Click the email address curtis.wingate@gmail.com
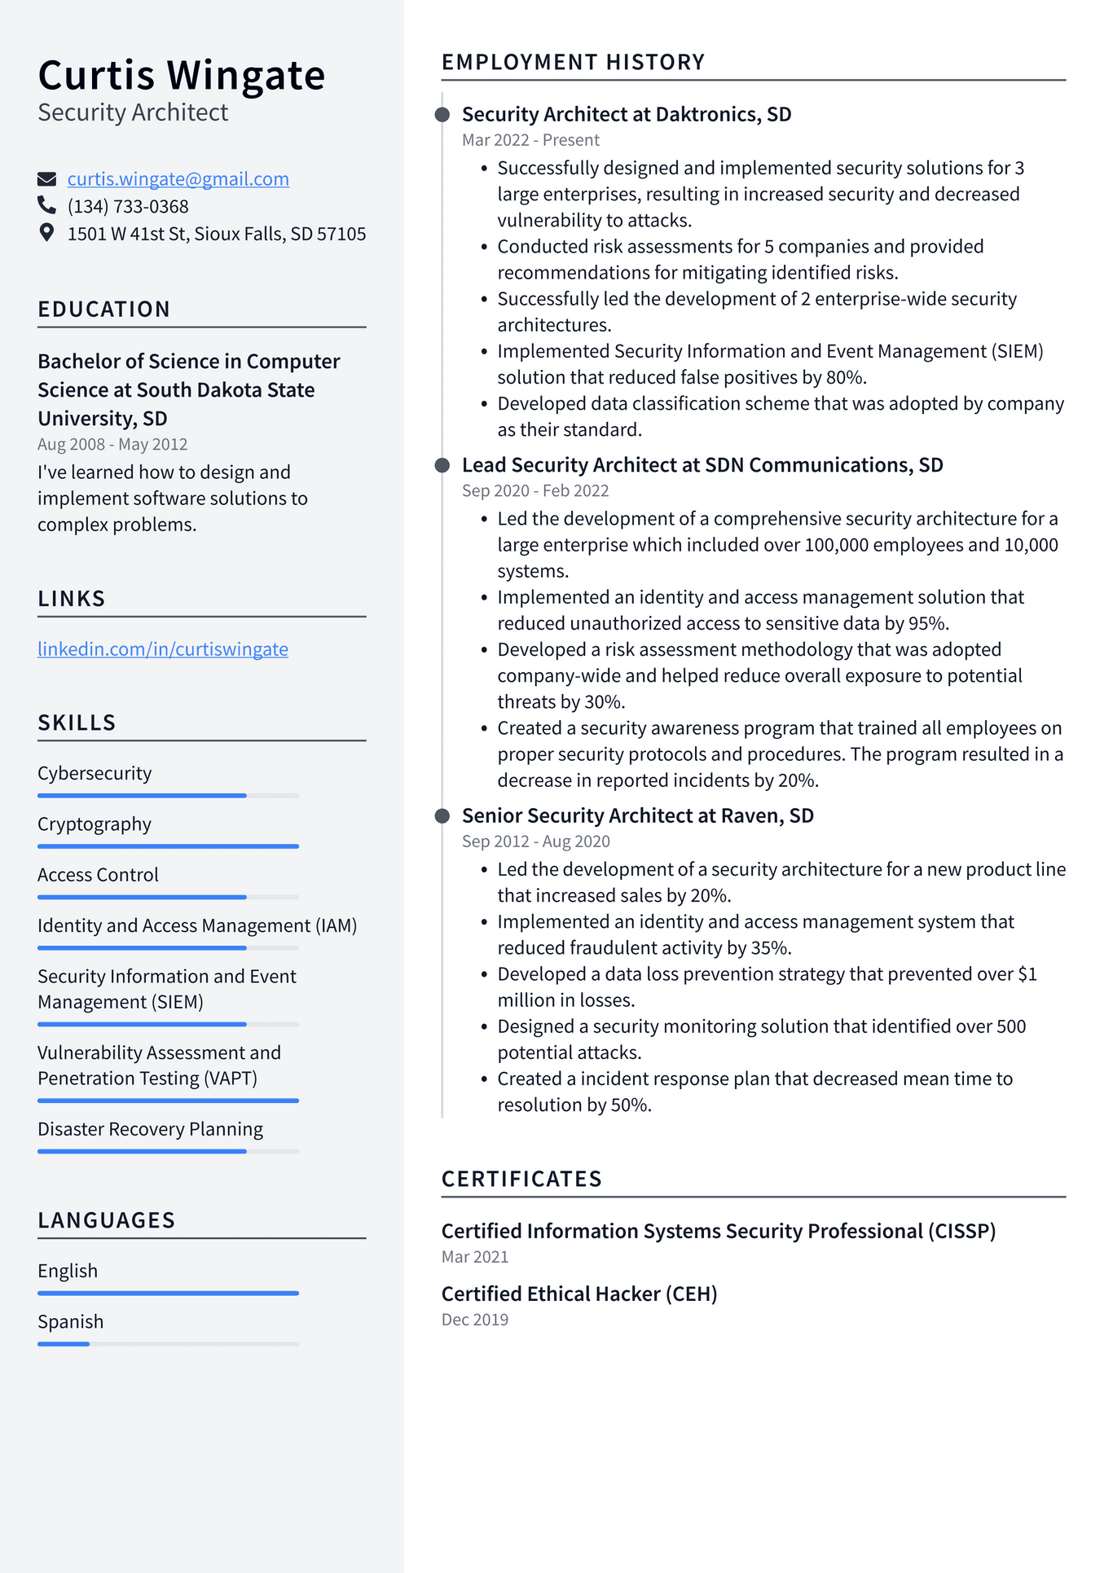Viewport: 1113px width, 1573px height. pos(178,179)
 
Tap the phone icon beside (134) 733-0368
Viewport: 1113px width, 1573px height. pos(47,205)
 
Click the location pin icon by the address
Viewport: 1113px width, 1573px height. pos(47,233)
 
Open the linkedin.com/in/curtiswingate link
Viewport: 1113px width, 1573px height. pos(163,649)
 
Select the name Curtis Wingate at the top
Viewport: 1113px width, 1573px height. pos(181,76)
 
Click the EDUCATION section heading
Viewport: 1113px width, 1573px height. pos(104,310)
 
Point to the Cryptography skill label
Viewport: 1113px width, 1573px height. pos(95,824)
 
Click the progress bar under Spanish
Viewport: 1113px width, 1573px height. pos(168,1343)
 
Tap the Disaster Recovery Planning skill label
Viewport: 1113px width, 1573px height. pos(150,1129)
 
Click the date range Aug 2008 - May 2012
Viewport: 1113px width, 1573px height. pos(112,444)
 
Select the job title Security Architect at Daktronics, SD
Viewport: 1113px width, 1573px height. pos(627,114)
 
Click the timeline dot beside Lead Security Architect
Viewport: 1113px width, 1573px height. pos(442,465)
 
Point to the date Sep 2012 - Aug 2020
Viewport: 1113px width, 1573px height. pos(535,841)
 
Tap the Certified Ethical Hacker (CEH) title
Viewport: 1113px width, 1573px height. pos(579,1294)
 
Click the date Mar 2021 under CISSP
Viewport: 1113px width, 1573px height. pos(475,1257)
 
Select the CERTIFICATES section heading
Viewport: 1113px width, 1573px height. pos(521,1179)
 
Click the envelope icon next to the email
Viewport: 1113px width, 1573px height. pos(47,179)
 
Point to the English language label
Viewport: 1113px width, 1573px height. pos(68,1271)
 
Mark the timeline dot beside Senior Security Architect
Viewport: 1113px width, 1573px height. pos(442,816)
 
